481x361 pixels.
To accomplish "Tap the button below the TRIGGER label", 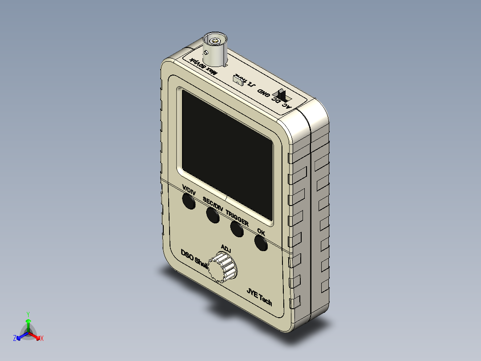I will click(x=236, y=229).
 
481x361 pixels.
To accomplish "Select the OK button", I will click(x=261, y=243).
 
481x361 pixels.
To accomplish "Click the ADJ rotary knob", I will click(x=224, y=268).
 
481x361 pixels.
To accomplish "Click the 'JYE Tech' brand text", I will click(x=259, y=297).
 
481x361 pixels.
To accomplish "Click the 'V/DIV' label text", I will click(x=189, y=190).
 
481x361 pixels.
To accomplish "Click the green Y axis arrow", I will click(x=28, y=321).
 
